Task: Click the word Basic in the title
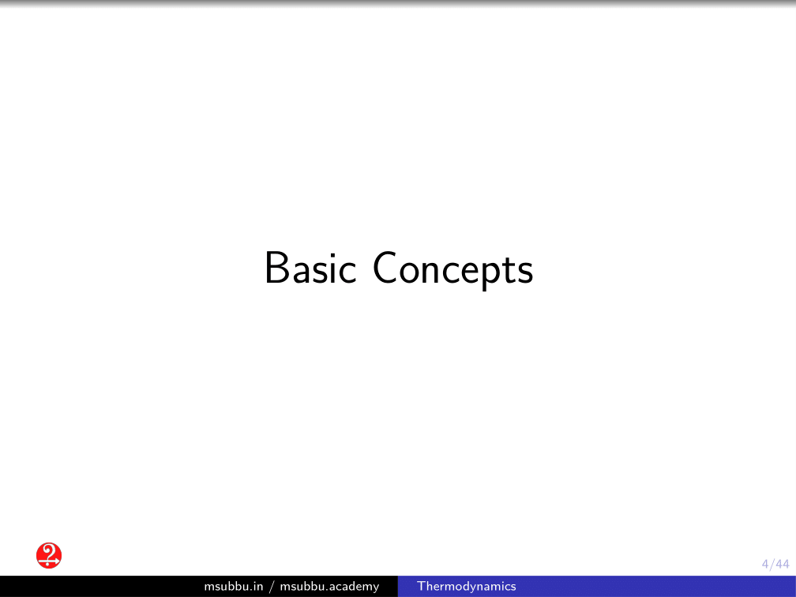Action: click(310, 268)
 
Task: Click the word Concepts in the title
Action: click(452, 269)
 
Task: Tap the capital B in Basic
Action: click(276, 268)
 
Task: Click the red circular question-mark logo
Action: click(49, 555)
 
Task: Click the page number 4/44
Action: click(775, 564)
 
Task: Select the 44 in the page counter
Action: click(783, 564)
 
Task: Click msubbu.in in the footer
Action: click(234, 586)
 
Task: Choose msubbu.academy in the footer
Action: click(329, 587)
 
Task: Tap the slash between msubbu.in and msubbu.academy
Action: click(272, 587)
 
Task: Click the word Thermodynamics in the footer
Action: click(466, 587)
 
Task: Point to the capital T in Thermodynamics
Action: click(421, 586)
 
